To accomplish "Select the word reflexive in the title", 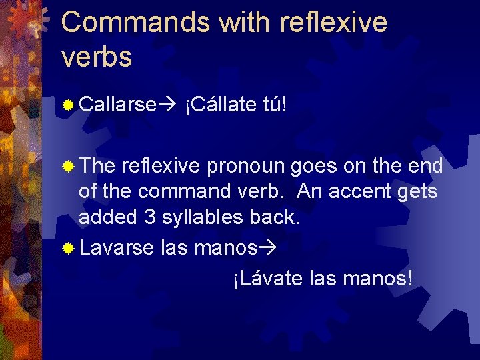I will pyautogui.click(x=333, y=23).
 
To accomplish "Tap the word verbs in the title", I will pyautogui.click(x=96, y=57).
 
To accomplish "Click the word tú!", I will pyautogui.click(x=275, y=105).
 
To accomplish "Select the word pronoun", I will pyautogui.click(x=246, y=166).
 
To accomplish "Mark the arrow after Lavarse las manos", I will pyautogui.click(x=267, y=248).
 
